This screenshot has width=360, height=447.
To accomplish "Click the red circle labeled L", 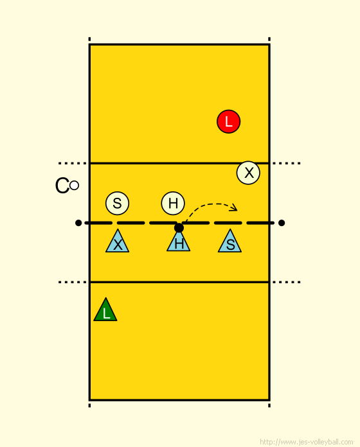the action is coord(228,121).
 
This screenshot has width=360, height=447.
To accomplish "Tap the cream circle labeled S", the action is coord(117,203).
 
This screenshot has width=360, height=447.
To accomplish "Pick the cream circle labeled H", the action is coord(173,203).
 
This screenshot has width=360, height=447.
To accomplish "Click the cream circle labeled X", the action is coord(248,173).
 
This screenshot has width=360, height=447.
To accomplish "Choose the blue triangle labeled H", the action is coord(179,242).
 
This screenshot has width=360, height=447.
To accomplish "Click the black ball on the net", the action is coord(179,228).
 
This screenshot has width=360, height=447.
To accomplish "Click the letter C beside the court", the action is coord(62,186).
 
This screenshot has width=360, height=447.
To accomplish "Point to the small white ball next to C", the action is coord(74,186).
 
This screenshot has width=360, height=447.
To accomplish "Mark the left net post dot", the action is coord(78,223).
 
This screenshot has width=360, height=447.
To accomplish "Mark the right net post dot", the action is coord(282,223).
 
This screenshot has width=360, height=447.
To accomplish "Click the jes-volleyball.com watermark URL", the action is coord(307,442).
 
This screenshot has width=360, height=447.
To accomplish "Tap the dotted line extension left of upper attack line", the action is coord(73,163).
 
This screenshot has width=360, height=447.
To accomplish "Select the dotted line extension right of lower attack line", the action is coord(287,282).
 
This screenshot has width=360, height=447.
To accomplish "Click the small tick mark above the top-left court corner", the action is coord(89,39).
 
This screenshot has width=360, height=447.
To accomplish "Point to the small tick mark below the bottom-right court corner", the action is coord(269,405).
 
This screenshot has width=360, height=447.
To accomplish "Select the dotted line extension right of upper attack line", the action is coord(287,163).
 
